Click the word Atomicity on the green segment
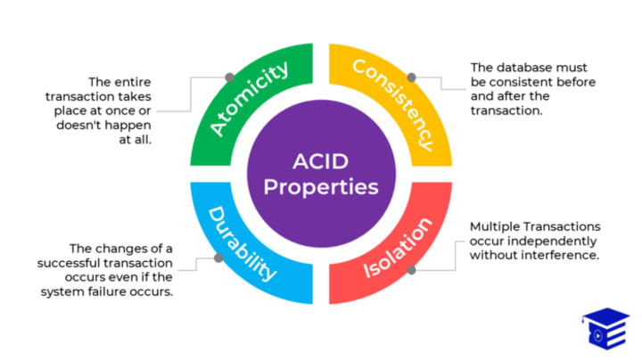point(251,98)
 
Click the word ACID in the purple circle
point(321,162)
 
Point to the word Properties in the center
point(321,188)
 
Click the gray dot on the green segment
point(230,78)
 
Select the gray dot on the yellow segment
point(410,78)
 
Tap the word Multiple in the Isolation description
point(498,226)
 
